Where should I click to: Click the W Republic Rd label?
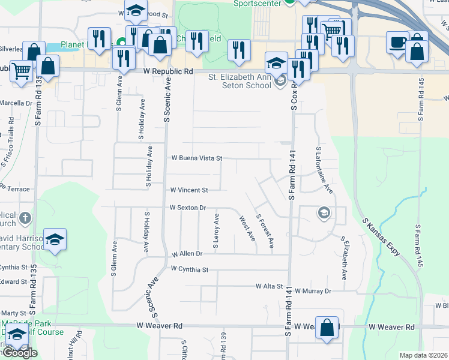coord(168,71)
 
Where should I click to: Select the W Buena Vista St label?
coord(197,158)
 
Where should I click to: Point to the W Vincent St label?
coord(189,190)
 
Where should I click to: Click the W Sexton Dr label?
coord(188,208)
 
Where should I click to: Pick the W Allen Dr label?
coord(188,254)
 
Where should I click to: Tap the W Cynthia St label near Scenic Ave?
coord(189,269)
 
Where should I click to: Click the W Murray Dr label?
coord(313,291)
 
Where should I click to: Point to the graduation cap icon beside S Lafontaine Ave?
coord(324,213)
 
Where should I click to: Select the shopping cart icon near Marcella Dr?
coord(20,71)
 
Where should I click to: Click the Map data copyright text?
coord(424,355)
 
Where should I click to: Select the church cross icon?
coord(25,217)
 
